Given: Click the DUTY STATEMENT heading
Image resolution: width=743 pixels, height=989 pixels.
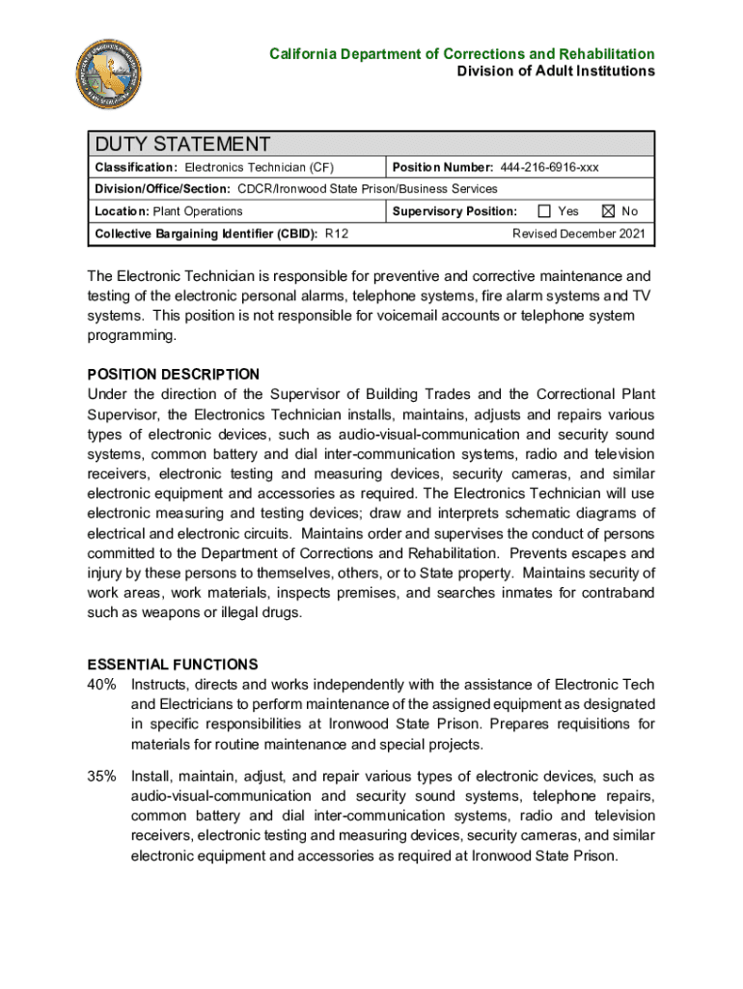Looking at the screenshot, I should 182,145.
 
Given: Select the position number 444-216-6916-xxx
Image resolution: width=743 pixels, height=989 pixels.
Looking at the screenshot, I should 549,168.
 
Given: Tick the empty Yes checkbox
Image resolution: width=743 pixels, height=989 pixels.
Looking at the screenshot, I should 544,212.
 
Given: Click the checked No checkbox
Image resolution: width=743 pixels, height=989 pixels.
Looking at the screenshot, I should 608,212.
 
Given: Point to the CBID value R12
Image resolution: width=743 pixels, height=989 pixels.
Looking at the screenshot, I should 337,234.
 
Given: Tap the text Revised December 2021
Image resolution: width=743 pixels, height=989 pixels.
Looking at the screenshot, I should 578,234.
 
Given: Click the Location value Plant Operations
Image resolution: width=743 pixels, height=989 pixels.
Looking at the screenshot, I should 198,212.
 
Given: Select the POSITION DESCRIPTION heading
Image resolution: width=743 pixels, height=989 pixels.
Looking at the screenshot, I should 174,374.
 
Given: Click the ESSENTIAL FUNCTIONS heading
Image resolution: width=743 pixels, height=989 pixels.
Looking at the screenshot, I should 173,664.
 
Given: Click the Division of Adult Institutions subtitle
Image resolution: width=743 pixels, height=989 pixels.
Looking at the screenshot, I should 556,71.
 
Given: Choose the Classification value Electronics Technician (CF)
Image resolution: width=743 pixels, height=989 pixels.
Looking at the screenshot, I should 260,168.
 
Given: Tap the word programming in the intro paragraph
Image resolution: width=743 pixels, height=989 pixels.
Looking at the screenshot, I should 131,335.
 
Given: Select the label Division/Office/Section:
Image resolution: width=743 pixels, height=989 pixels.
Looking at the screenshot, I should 162,189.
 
